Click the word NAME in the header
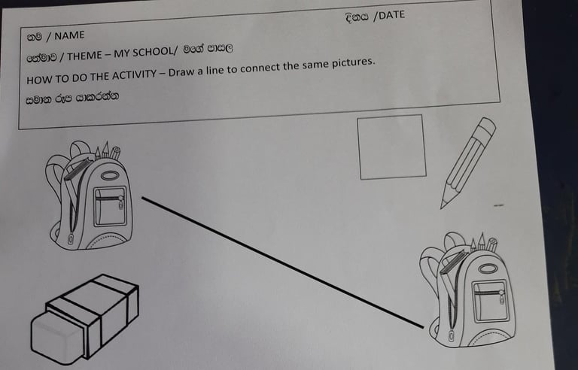click(x=69, y=35)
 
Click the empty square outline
click(x=391, y=147)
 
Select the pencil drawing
click(x=467, y=162)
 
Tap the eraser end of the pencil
click(x=488, y=126)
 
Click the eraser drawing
click(x=84, y=320)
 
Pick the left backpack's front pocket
click(x=110, y=206)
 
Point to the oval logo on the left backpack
click(x=109, y=175)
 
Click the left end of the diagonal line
click(x=143, y=199)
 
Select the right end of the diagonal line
click(x=423, y=327)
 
